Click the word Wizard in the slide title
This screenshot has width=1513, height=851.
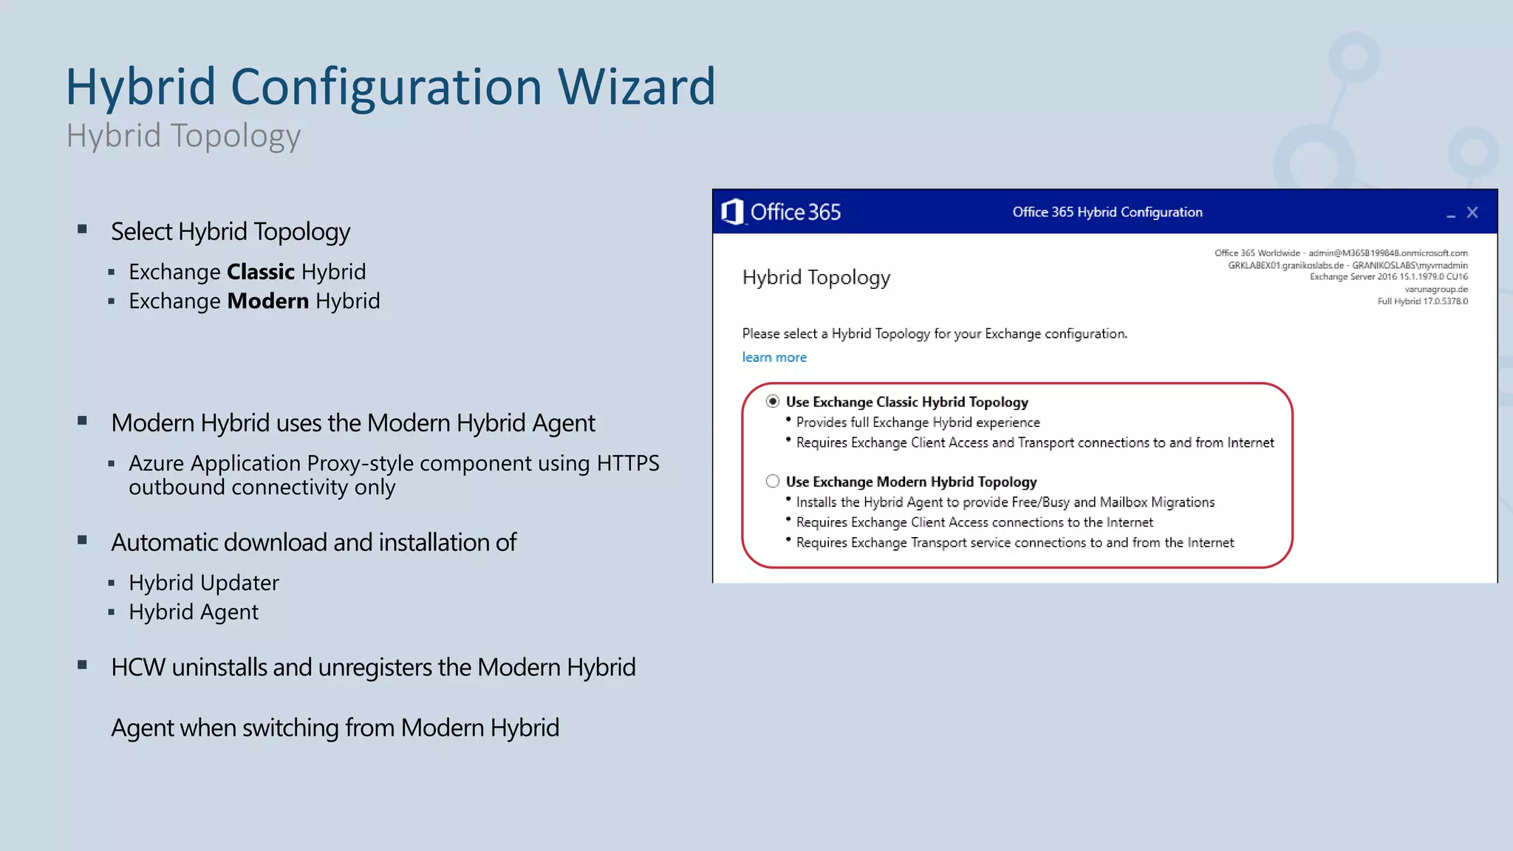636,87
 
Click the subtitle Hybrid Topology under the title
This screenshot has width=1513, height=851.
183,136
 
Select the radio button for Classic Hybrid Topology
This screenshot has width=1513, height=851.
773,401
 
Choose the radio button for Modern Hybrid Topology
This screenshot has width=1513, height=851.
773,481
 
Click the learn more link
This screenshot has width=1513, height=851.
774,358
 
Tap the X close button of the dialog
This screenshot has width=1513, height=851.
1472,213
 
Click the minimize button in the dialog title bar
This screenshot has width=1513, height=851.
1450,214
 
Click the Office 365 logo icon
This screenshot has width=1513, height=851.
732,212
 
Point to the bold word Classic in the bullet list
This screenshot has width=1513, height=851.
261,272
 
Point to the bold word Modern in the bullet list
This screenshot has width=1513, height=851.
267,301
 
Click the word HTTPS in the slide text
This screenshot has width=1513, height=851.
627,463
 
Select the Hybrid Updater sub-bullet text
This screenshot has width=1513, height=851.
204,583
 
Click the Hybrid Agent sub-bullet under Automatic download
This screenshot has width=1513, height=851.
194,612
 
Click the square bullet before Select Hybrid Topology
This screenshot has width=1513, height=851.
83,230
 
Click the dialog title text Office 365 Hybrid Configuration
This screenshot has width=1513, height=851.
1107,212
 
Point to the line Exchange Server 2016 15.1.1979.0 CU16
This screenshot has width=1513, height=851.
1388,277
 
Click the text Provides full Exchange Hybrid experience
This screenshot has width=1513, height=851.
918,423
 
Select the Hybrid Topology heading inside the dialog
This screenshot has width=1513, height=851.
816,278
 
